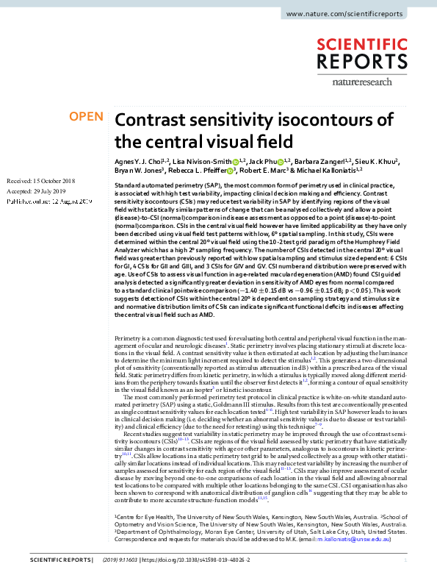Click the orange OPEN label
pos(86,117)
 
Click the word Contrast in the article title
pos(156,121)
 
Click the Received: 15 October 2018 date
pos(41,180)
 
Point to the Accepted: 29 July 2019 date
pos(37,190)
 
